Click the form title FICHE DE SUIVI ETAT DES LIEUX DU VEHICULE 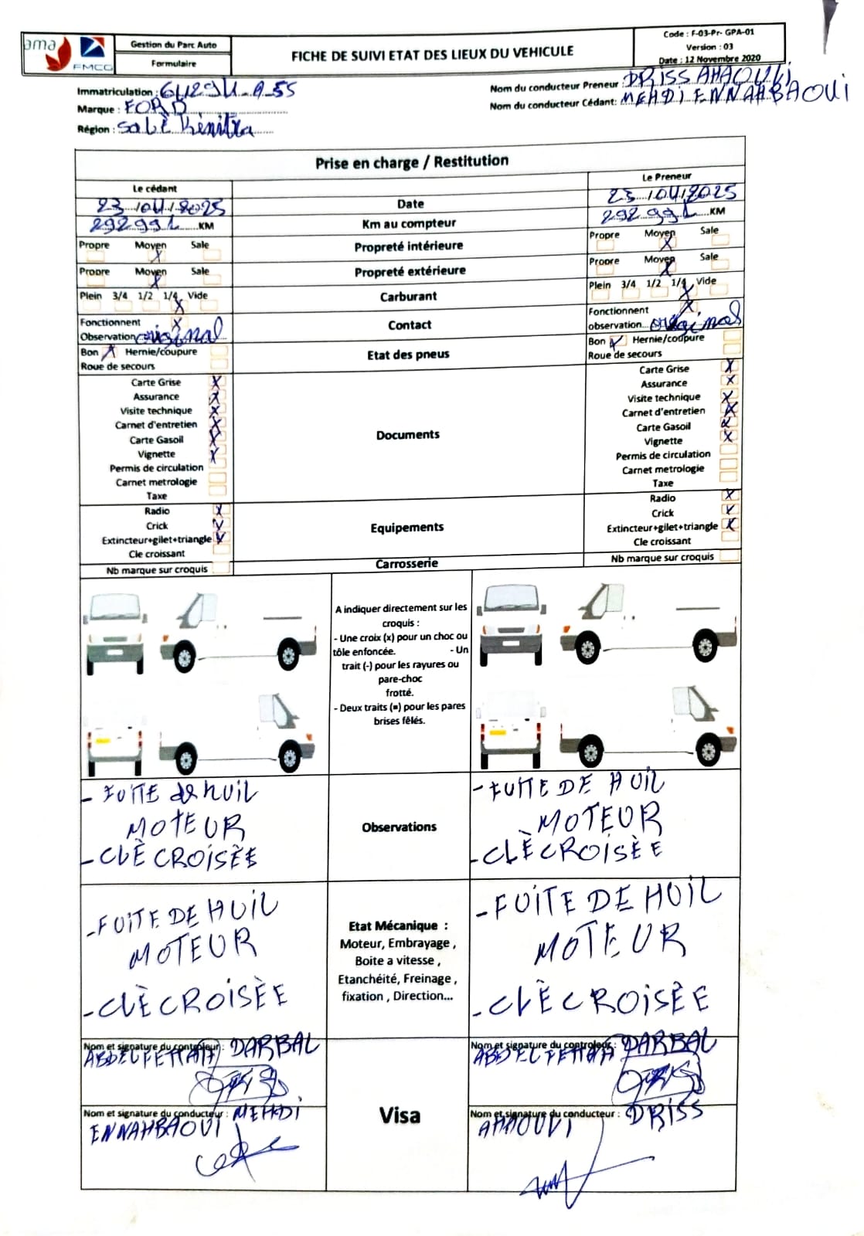432,53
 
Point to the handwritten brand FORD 155,108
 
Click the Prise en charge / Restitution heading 411,161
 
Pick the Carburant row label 408,297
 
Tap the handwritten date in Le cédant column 160,207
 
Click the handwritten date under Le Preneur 671,193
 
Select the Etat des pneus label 408,355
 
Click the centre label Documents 408,435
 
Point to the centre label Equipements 406,528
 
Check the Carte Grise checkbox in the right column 730,367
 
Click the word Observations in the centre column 399,827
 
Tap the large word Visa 400,1115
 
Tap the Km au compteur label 409,224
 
